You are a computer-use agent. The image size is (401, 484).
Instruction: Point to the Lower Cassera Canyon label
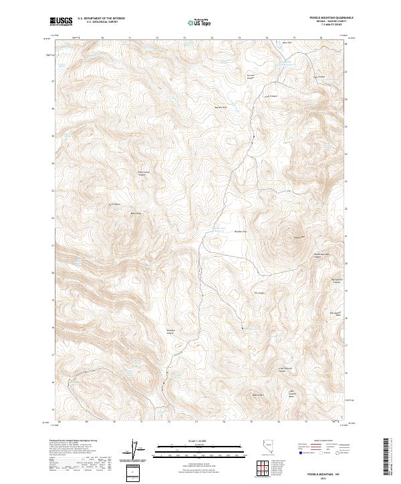285,369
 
